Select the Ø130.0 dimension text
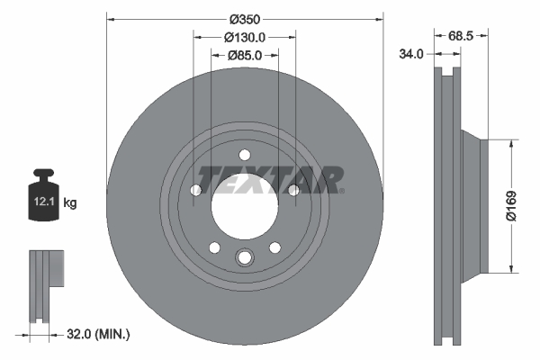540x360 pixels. (x=244, y=37)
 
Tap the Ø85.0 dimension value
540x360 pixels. (x=244, y=56)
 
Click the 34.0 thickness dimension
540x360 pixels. (x=411, y=54)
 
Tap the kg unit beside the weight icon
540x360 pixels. (x=70, y=203)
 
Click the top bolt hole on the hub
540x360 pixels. (x=244, y=154)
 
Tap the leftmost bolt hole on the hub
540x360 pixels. (x=196, y=189)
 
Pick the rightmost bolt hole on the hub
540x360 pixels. (x=292, y=189)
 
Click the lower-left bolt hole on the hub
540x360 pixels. (x=214, y=247)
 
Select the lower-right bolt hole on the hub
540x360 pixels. (x=274, y=247)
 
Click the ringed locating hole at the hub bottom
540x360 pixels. (x=244, y=259)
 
